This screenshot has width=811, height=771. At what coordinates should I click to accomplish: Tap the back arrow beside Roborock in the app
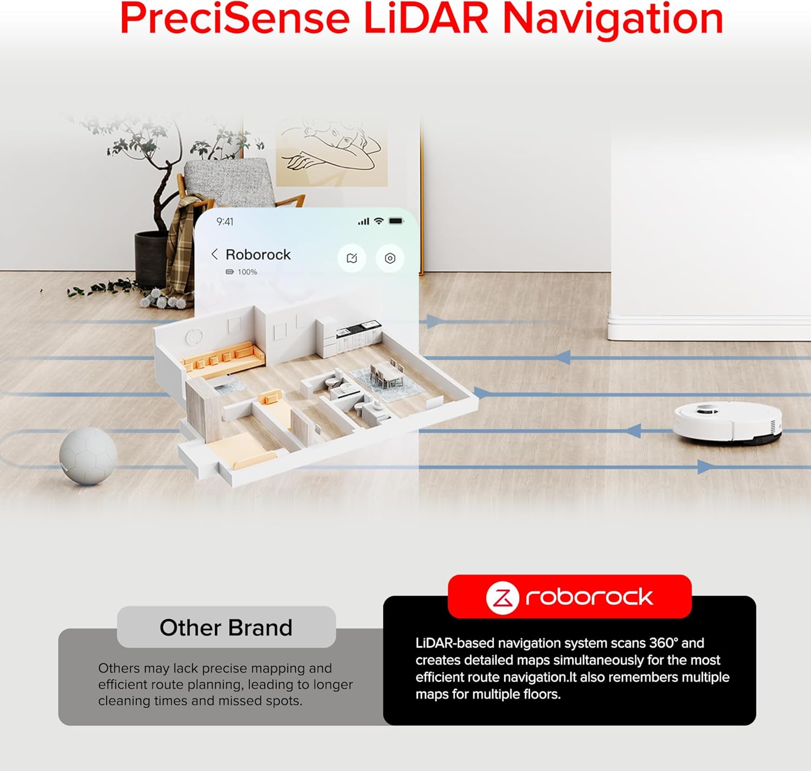pos(215,254)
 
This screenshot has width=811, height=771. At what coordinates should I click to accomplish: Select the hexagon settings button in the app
pos(390,258)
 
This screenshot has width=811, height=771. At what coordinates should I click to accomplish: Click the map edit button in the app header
pos(352,258)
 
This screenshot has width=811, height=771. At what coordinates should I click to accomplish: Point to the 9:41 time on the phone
pos(225,222)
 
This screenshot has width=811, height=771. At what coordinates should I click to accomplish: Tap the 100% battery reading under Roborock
pos(247,272)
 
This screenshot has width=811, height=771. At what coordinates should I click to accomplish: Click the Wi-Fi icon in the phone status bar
pos(378,221)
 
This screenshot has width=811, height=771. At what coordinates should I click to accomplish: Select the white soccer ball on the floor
pos(88,456)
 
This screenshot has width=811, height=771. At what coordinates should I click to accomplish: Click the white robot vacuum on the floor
pos(728,423)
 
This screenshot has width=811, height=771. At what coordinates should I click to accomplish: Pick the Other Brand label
pos(226,628)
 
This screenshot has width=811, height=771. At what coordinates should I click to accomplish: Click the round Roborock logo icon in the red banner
pos(502,597)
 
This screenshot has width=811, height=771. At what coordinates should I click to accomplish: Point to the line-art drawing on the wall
pos(331,152)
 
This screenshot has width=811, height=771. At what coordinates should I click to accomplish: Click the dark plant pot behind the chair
pos(151,259)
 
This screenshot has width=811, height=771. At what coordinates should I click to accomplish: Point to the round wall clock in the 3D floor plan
pos(194,337)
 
